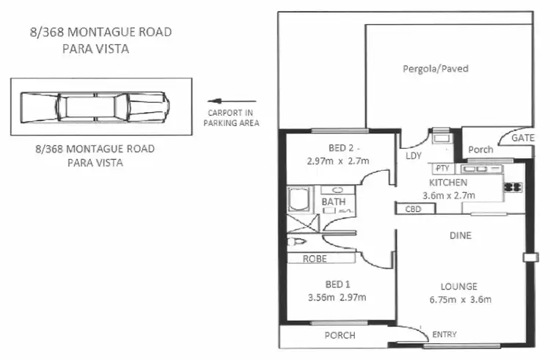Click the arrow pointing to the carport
click(x=231, y=102)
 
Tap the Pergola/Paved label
click(x=436, y=69)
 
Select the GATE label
click(x=522, y=138)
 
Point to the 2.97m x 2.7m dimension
click(x=337, y=161)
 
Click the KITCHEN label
click(x=447, y=183)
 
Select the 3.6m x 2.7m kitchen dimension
click(x=449, y=195)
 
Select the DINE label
click(x=461, y=236)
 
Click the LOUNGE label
click(x=460, y=286)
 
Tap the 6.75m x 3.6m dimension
click(x=460, y=298)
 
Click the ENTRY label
click(x=444, y=335)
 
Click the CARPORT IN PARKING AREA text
click(x=231, y=118)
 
